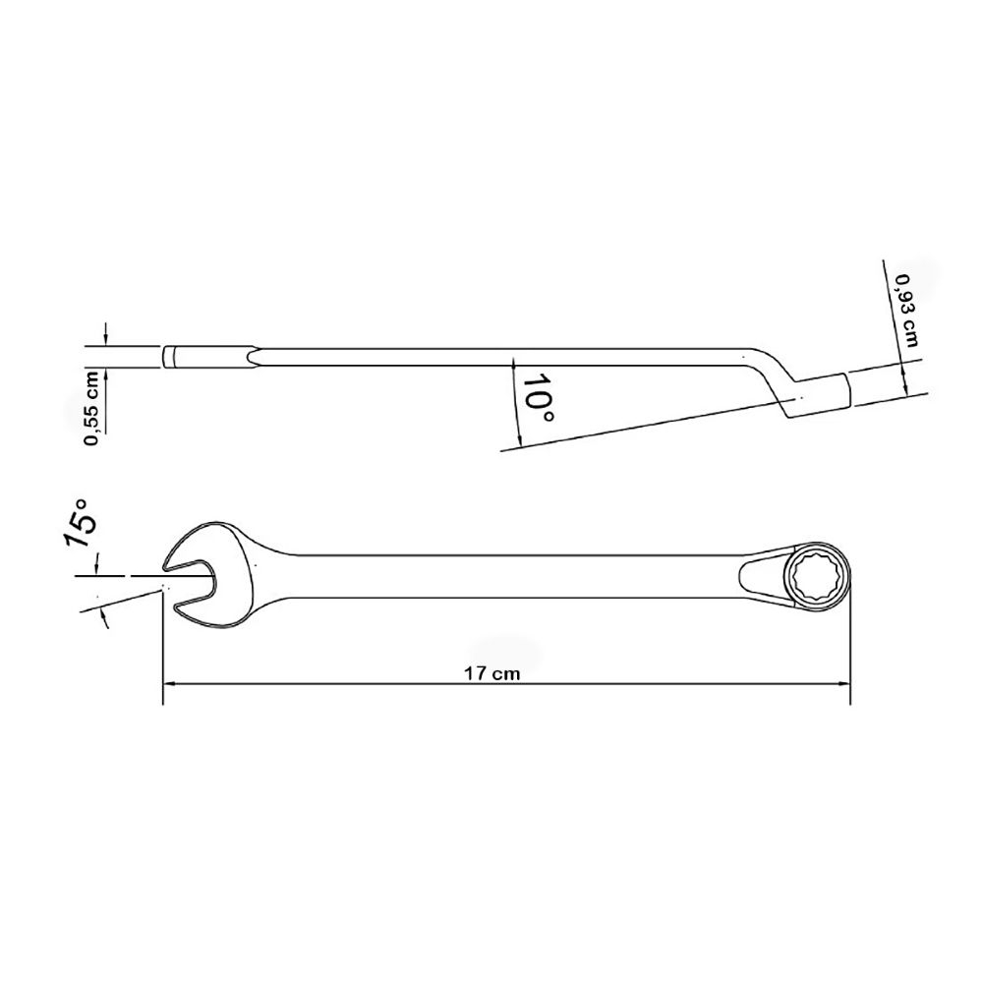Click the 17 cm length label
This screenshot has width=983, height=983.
[x=491, y=673]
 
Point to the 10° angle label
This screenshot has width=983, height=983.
[x=538, y=399]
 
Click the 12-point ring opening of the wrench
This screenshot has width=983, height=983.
[x=818, y=575]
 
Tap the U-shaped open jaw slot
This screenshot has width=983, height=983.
[x=192, y=576]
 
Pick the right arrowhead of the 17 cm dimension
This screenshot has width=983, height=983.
[x=844, y=684]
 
